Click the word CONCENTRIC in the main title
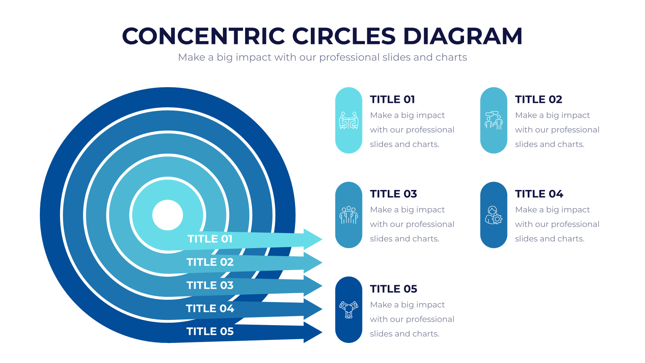tap(204, 36)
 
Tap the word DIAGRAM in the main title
tap(462, 36)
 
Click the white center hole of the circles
tap(168, 215)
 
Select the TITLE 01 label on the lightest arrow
tap(210, 239)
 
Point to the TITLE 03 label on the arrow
tap(210, 285)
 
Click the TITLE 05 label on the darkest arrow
tap(210, 331)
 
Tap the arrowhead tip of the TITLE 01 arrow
tap(322, 239)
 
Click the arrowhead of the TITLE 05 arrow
tap(313, 332)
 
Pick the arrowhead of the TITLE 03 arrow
tap(313, 286)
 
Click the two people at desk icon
tap(349, 120)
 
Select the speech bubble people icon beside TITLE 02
tap(493, 120)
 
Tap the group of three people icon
tap(349, 215)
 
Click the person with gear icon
tap(493, 215)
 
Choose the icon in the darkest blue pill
tap(349, 310)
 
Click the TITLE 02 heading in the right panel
tap(539, 99)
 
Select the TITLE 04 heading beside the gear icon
tap(539, 194)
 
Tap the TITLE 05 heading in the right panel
tap(393, 289)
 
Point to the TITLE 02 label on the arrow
tap(210, 262)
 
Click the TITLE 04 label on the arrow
tap(210, 309)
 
